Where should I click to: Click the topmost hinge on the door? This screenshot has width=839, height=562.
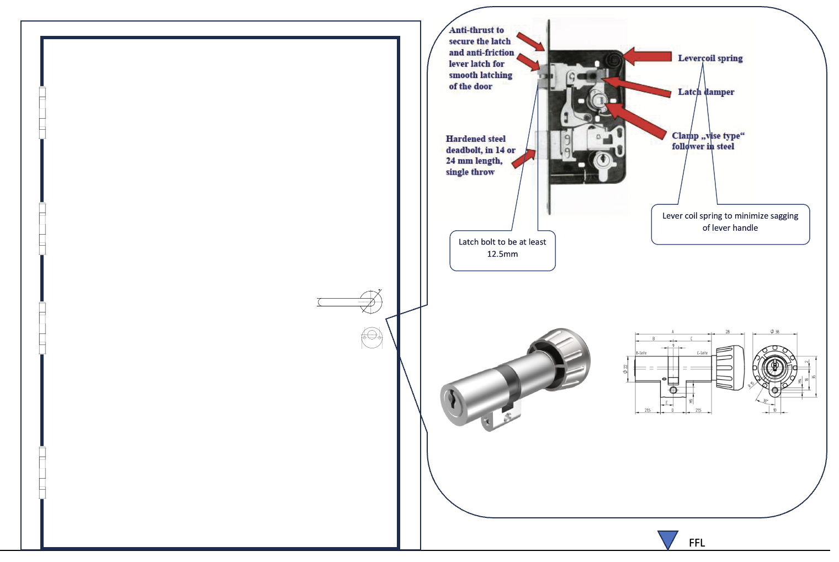click(x=43, y=113)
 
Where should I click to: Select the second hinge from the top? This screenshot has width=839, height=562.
click(x=43, y=229)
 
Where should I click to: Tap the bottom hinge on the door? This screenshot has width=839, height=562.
click(x=43, y=473)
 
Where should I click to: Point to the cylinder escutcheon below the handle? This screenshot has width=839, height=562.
click(x=371, y=336)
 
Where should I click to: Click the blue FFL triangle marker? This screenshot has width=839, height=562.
click(x=667, y=539)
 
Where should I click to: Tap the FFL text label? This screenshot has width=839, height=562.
click(x=697, y=543)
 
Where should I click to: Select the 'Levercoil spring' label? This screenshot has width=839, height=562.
click(x=710, y=58)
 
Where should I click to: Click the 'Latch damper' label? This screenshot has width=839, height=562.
click(x=706, y=92)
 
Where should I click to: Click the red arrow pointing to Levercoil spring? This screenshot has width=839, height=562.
click(x=647, y=56)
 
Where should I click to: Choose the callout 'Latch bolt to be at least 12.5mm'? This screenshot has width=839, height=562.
click(x=502, y=248)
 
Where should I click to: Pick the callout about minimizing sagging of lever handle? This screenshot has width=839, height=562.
click(x=730, y=222)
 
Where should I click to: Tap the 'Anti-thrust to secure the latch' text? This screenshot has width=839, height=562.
click(x=480, y=58)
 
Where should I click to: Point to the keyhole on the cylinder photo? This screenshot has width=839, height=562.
click(x=452, y=399)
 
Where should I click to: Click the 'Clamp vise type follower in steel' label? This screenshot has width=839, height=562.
click(x=707, y=141)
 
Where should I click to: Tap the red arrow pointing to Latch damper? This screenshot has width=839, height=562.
click(x=637, y=87)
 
